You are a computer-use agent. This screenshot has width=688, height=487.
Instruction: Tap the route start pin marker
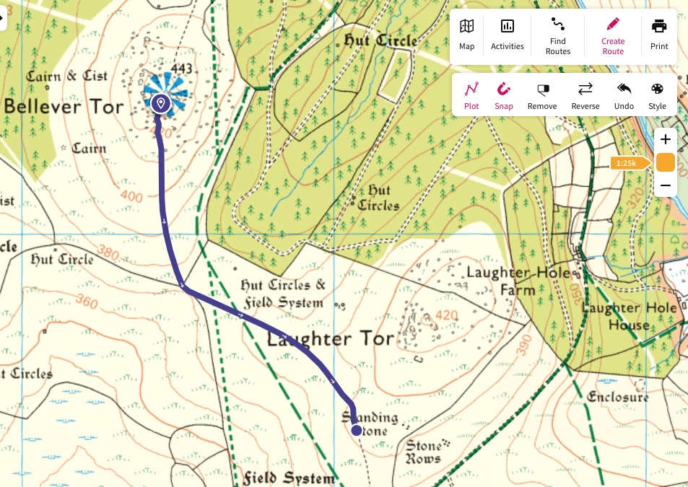[161, 104]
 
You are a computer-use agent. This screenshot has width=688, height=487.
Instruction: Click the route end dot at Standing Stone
[356, 430]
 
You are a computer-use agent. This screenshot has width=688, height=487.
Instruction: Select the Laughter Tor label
[331, 338]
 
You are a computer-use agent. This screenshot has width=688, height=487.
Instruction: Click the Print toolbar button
[658, 35]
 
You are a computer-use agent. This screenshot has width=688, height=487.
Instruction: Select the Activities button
[507, 35]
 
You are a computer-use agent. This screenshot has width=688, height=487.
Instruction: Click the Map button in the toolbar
[467, 35]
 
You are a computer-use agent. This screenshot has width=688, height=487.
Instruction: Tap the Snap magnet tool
[504, 95]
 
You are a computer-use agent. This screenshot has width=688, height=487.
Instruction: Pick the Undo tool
[624, 95]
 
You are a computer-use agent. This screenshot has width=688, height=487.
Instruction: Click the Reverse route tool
[585, 95]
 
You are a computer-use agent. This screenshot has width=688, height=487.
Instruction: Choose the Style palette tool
[657, 95]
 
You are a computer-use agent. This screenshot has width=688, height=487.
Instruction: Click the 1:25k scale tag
[624, 163]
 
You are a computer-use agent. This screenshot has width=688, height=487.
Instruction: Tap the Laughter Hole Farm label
[518, 281]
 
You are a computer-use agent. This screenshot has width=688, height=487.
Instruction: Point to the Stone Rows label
[423, 452]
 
